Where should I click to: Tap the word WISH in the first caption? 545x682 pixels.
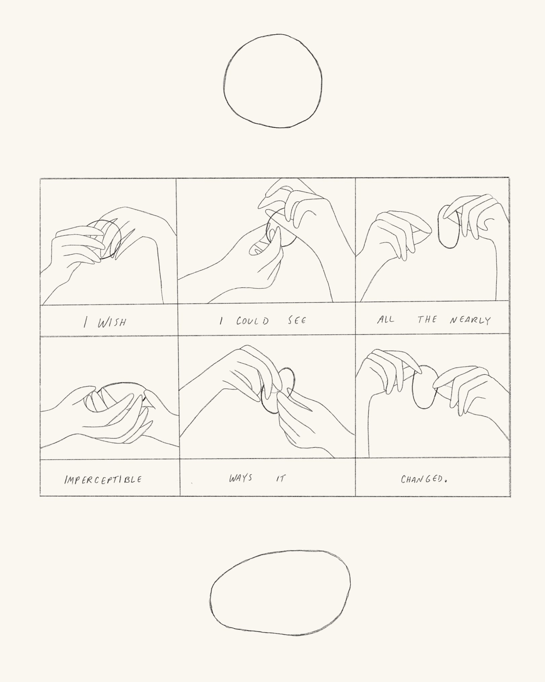pos(112,322)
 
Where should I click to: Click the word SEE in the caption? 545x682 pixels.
pos(297,320)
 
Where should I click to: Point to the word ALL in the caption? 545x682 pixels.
pos(386,319)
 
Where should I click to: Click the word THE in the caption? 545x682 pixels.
pos(427,319)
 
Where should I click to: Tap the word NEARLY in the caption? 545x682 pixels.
pos(470,320)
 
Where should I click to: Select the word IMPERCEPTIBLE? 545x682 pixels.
pos(103,479)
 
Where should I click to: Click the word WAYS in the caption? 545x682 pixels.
pos(241,478)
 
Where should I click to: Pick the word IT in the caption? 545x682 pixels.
pos(280,478)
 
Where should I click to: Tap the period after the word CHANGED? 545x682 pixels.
pos(446,481)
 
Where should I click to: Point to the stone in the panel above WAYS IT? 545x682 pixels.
pos(262,397)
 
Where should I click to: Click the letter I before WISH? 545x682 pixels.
pos(85,322)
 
